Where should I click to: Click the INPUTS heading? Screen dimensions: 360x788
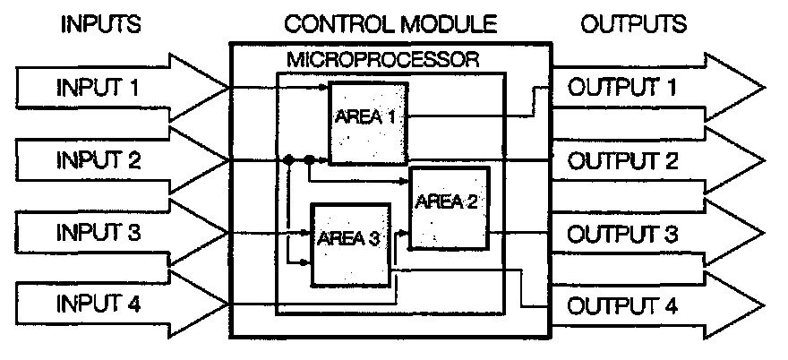[100, 24]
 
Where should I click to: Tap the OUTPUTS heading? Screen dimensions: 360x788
[634, 24]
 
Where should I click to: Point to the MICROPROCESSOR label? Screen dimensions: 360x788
[382, 61]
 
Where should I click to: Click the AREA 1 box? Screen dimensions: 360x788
[368, 123]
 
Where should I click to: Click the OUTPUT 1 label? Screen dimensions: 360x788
[621, 89]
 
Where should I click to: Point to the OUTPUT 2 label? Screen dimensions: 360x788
[621, 161]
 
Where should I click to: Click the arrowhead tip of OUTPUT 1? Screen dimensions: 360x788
[766, 89]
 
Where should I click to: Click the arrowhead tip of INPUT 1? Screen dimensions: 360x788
[227, 88]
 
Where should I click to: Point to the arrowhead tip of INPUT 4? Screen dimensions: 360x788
[227, 305]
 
